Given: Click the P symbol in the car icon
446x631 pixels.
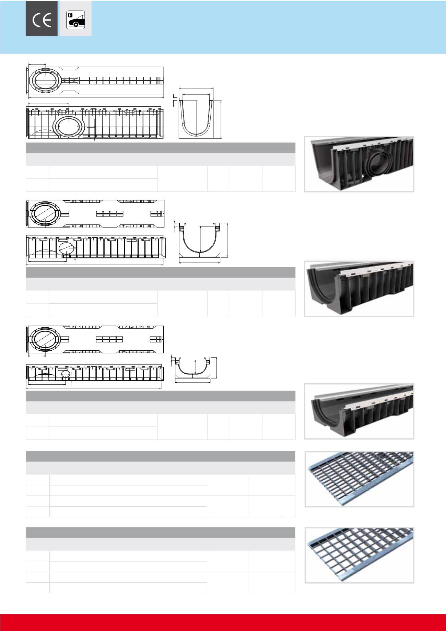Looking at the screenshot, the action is (71, 15).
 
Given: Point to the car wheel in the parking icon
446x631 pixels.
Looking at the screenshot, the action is (75, 25).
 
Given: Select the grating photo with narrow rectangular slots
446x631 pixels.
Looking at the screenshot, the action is (359, 479).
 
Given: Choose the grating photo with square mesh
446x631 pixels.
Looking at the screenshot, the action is (359, 555).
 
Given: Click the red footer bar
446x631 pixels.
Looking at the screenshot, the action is (223, 622).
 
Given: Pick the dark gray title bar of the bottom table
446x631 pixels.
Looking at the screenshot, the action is (161, 532).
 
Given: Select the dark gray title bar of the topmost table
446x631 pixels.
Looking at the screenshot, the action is (161, 148).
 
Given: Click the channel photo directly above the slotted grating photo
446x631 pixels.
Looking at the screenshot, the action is (359, 411).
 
